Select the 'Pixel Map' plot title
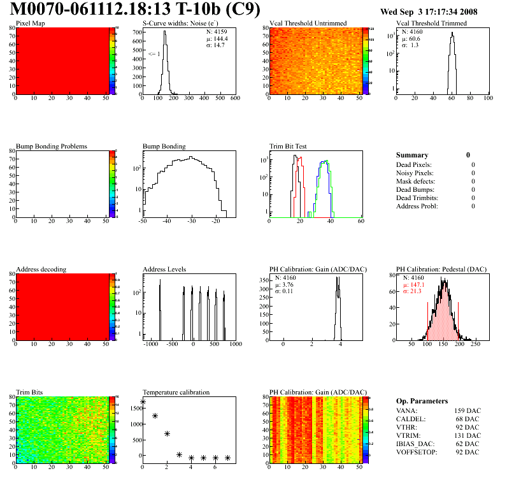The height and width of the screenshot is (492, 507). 30,23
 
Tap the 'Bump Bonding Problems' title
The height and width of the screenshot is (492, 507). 51,146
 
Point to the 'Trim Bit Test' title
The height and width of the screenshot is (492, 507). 288,146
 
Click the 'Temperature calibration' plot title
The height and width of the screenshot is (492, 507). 176,392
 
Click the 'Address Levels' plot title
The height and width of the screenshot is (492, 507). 164,269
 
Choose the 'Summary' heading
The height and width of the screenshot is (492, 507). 412,155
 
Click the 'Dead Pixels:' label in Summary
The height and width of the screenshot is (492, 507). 414,164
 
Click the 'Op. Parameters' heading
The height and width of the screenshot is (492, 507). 423,401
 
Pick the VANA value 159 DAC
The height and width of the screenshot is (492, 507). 466,410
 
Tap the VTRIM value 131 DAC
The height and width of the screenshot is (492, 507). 466,435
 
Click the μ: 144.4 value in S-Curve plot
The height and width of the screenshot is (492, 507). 217,38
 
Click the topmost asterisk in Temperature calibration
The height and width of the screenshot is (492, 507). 143,402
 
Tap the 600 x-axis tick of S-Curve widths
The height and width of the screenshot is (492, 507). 235,98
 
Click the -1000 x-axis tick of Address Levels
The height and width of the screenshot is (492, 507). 150,344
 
